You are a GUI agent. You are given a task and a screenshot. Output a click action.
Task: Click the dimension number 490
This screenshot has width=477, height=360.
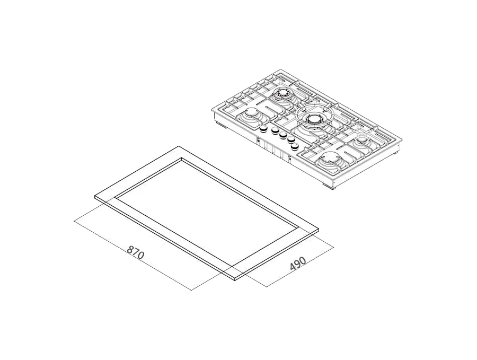click(x=297, y=264)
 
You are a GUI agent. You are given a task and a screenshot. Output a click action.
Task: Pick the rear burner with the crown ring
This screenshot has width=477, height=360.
click(x=282, y=94)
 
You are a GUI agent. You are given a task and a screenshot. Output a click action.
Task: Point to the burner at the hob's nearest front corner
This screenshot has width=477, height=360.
click(x=328, y=160)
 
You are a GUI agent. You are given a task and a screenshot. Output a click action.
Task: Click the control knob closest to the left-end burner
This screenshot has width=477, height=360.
click(x=262, y=130)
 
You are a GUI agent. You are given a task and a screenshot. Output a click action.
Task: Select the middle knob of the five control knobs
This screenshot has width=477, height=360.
click(x=283, y=135)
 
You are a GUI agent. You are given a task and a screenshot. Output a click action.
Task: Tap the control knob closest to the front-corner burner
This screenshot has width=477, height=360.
click(x=295, y=147)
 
